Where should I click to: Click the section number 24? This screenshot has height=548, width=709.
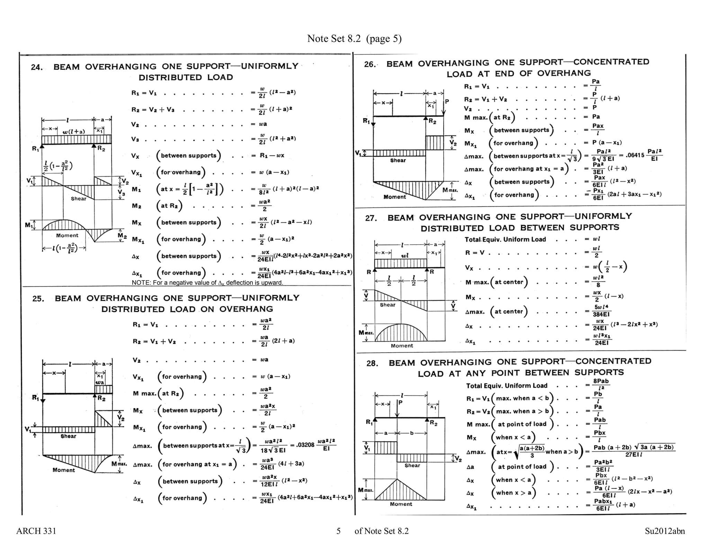point(37,67)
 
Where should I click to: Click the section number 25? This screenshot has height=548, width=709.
point(38,299)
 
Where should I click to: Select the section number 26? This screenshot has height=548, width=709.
point(370,64)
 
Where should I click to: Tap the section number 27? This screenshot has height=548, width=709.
point(371,218)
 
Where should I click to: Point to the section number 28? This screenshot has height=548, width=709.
point(372,363)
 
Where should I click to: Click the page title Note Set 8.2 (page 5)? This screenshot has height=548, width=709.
point(354,38)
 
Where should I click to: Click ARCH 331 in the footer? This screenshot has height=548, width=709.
point(36,531)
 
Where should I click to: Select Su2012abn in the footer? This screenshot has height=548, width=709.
point(665,531)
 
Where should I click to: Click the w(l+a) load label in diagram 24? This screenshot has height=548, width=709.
point(73,132)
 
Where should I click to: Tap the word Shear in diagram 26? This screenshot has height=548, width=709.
point(398,160)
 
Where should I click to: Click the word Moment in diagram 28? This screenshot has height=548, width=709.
point(401,504)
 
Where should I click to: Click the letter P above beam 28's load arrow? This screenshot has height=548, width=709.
point(401,403)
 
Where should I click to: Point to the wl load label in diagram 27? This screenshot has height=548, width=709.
point(405,256)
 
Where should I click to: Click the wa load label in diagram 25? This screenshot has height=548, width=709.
point(100,382)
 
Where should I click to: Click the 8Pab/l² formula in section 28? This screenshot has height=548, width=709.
point(601,385)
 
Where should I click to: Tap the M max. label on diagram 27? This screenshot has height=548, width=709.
point(366,333)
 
